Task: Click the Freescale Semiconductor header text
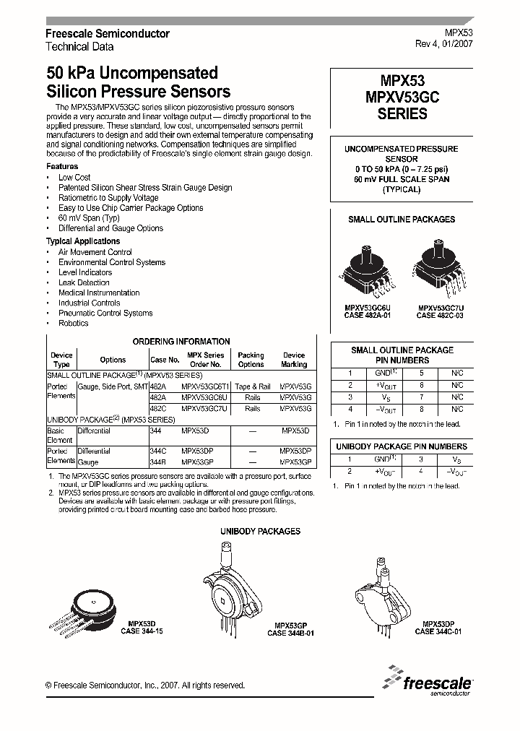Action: click(x=107, y=34)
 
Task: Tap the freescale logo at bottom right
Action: click(x=430, y=681)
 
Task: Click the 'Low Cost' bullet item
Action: click(x=74, y=177)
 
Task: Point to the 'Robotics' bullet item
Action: click(x=73, y=323)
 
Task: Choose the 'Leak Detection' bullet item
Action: click(x=84, y=282)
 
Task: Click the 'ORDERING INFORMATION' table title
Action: click(x=181, y=341)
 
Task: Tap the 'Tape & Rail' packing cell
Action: click(x=252, y=386)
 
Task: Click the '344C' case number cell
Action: click(x=157, y=451)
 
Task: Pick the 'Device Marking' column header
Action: click(x=294, y=360)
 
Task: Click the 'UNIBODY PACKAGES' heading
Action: click(x=260, y=531)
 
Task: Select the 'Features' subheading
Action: click(x=62, y=166)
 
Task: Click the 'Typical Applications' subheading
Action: click(x=83, y=241)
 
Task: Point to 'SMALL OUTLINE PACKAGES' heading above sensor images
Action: click(x=402, y=219)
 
